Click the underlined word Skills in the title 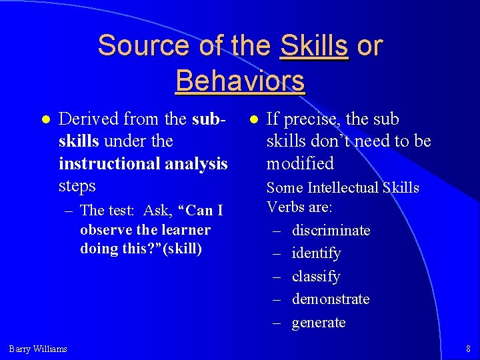tap(314, 45)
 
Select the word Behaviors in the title tap(240, 81)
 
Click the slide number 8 tap(469, 348)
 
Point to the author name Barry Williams tap(38, 348)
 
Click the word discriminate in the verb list tap(331, 231)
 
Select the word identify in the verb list tap(316, 253)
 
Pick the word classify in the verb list tap(316, 276)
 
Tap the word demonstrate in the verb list tap(331, 299)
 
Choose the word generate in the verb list tap(319, 323)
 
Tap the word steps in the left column tap(77, 185)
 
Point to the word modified tap(300, 163)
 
